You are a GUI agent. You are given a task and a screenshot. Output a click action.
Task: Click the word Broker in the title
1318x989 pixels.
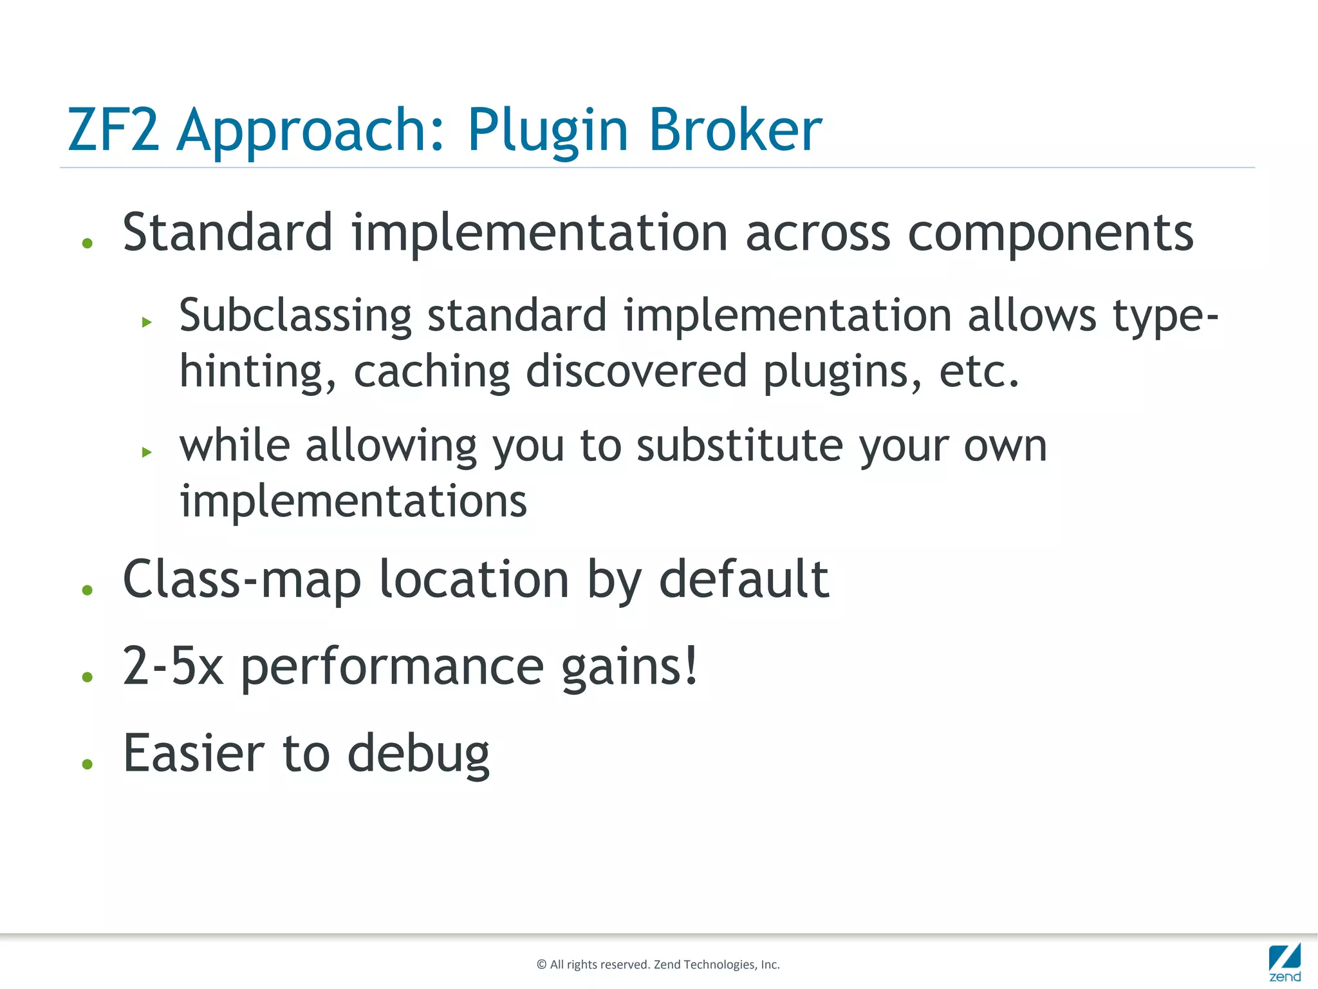click(x=735, y=130)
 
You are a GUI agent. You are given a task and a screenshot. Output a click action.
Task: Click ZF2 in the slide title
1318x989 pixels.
click(x=113, y=130)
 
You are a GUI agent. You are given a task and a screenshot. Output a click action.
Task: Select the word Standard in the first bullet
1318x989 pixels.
click(x=228, y=232)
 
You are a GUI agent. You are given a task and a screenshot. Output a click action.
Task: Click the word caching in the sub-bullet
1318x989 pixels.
click(x=431, y=373)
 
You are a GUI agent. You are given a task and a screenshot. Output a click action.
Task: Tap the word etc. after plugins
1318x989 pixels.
click(x=979, y=373)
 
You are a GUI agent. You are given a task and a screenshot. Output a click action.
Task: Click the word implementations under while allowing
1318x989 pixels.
click(x=353, y=502)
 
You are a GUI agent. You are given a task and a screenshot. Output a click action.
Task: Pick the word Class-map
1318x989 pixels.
click(x=242, y=579)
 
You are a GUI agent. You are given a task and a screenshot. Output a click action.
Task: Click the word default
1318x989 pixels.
click(x=744, y=579)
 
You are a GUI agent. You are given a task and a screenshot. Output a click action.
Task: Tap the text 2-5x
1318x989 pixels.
click(x=172, y=666)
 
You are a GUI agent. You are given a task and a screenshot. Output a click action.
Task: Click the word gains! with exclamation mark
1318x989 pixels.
click(x=629, y=668)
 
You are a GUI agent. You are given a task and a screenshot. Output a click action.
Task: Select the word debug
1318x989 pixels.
click(x=418, y=755)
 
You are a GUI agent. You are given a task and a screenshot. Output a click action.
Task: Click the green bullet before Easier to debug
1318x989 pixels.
click(x=88, y=764)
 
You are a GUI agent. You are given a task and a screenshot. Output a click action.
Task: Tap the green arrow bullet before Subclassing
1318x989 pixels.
click(x=147, y=322)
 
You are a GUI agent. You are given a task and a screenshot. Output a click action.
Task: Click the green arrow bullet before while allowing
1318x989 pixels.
click(x=147, y=452)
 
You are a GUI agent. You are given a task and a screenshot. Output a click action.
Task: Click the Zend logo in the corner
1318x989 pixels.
click(x=1285, y=962)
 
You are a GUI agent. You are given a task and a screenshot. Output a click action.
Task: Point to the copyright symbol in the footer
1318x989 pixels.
click(x=541, y=965)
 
